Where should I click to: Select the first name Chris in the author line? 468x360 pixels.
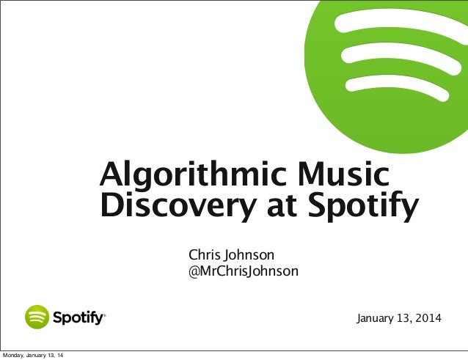(205, 255)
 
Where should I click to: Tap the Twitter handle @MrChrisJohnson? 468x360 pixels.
(244, 272)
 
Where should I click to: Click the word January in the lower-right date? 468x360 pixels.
(375, 319)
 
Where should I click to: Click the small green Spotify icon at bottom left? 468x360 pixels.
(37, 317)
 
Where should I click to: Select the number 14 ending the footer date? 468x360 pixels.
(59, 356)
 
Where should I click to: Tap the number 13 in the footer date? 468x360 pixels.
(48, 356)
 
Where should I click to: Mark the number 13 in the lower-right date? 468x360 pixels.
(403, 319)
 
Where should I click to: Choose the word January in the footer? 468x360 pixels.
(34, 356)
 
